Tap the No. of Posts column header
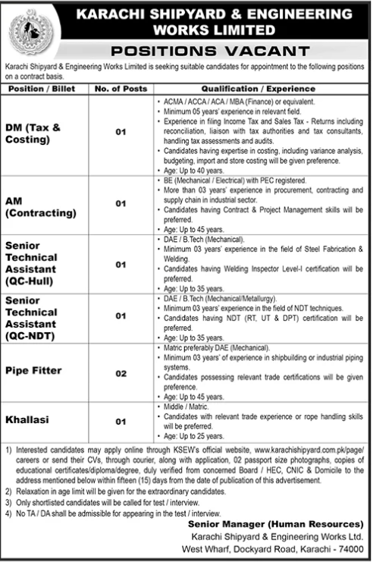(x=119, y=89)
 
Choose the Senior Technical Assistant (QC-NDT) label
(x=35, y=318)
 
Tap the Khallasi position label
(x=29, y=419)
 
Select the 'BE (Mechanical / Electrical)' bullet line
(x=228, y=182)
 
